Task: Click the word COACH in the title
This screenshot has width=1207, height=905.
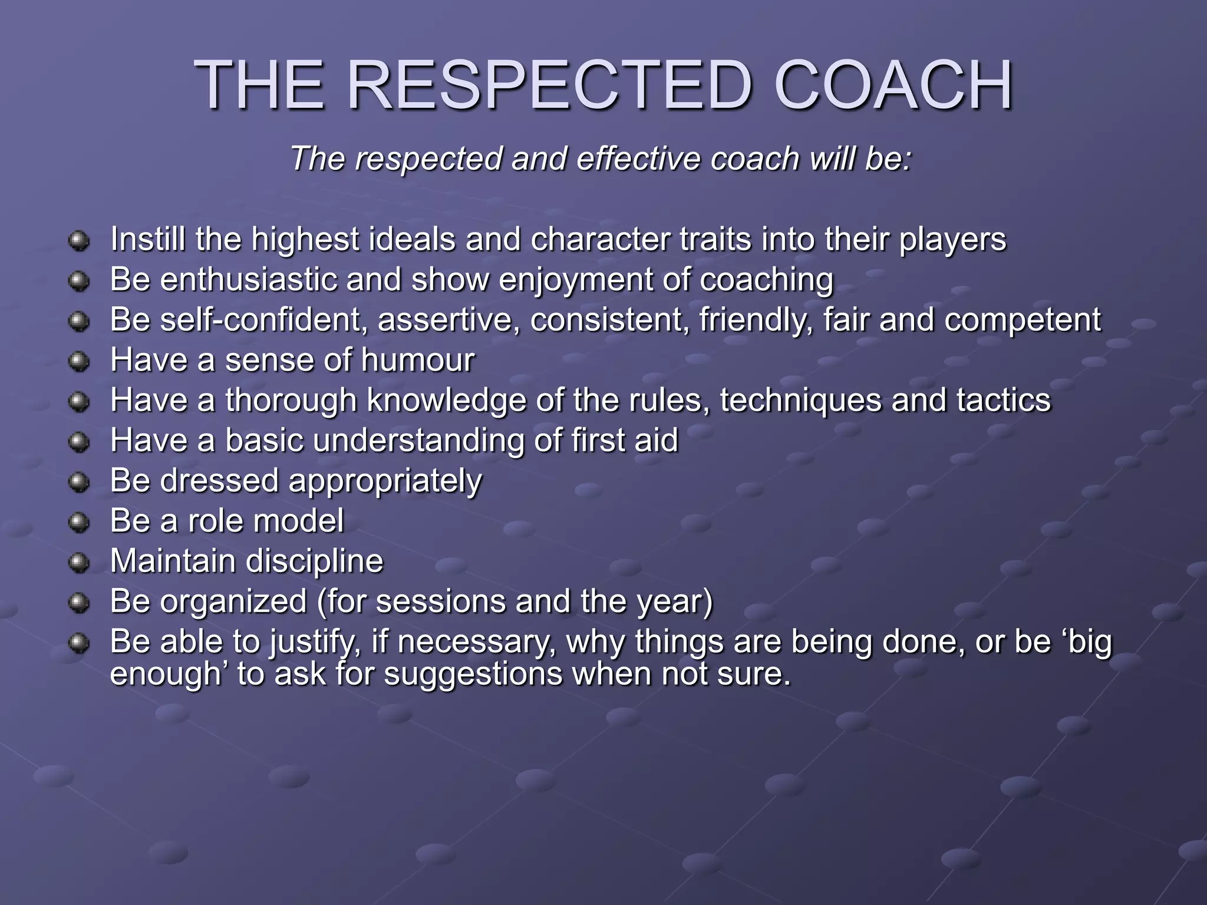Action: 893,86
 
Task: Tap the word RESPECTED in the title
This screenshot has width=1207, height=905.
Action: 549,86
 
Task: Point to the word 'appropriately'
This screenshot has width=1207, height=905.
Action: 385,481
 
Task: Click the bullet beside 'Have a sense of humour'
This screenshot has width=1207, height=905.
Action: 78,361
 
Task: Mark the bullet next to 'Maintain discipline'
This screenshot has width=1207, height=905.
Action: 78,563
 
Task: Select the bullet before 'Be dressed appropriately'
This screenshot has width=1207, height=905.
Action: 78,483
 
